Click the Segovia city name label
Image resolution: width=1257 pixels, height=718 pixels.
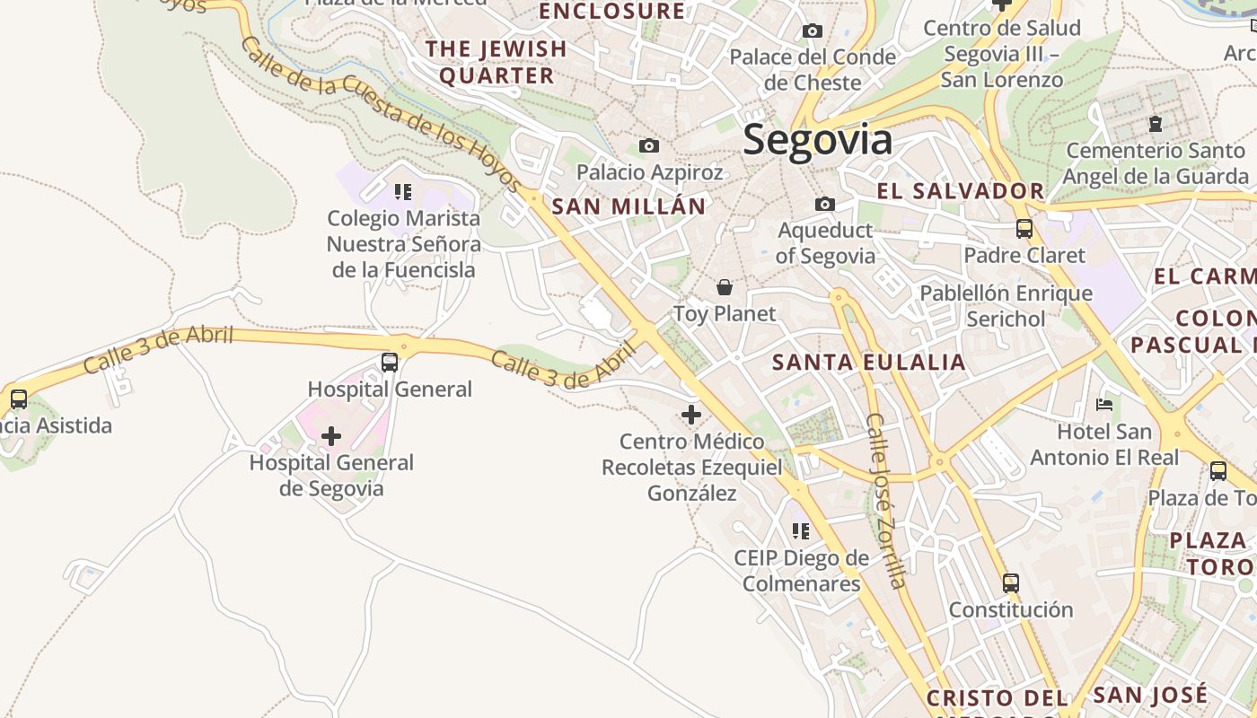818,141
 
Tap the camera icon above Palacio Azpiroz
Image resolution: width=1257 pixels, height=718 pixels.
648,145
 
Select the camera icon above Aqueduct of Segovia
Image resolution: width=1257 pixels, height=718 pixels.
824,205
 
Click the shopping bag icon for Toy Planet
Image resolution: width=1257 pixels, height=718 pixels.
725,288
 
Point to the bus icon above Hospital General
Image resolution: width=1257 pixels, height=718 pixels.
389,363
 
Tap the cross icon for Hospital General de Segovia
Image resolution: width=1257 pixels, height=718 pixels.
331,436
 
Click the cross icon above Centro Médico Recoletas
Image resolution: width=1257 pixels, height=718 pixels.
690,415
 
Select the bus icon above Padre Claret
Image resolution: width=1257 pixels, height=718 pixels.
1024,229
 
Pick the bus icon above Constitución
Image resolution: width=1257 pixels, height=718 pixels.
1011,583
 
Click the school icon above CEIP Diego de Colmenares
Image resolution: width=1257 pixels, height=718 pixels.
801,531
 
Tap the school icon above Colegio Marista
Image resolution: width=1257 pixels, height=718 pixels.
403,191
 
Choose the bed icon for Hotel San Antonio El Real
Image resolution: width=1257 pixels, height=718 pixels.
1104,405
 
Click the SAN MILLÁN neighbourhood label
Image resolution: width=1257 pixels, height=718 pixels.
628,206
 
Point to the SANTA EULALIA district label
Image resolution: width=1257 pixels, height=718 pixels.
869,363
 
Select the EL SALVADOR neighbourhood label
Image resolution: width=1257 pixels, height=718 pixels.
961,191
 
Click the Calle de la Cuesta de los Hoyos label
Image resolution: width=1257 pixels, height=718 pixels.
381,114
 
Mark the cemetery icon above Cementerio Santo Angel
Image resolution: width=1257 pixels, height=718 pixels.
1156,124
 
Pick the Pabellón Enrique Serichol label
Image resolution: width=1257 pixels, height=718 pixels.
1006,306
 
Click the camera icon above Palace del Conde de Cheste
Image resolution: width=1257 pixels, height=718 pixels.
813,31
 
